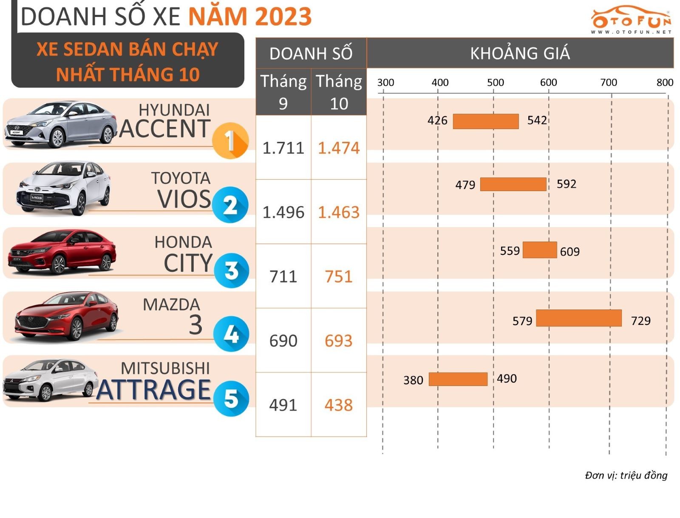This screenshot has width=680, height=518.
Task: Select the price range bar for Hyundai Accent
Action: click(485, 121)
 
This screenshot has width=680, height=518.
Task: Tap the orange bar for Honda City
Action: click(539, 250)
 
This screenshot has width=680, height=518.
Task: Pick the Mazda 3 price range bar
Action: click(578, 318)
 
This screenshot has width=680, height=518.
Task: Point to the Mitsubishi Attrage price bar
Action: click(458, 379)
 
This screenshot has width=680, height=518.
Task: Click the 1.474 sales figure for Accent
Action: click(339, 148)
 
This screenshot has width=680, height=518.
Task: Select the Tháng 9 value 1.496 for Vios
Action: click(283, 212)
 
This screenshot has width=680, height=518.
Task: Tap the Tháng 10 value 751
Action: click(339, 277)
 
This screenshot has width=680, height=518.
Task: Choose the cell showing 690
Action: click(283, 341)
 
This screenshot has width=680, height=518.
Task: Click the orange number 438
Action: click(339, 405)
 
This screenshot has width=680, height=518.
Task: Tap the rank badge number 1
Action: click(230, 141)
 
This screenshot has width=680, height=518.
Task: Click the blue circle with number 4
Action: click(231, 334)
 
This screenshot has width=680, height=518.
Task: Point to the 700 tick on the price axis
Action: click(608, 82)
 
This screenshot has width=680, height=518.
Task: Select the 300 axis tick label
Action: click(385, 82)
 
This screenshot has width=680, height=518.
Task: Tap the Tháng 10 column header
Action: click(339, 92)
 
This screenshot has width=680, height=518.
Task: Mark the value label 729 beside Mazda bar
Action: click(640, 321)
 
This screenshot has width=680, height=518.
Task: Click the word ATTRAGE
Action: click(154, 390)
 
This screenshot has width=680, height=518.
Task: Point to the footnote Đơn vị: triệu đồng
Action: click(626, 475)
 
